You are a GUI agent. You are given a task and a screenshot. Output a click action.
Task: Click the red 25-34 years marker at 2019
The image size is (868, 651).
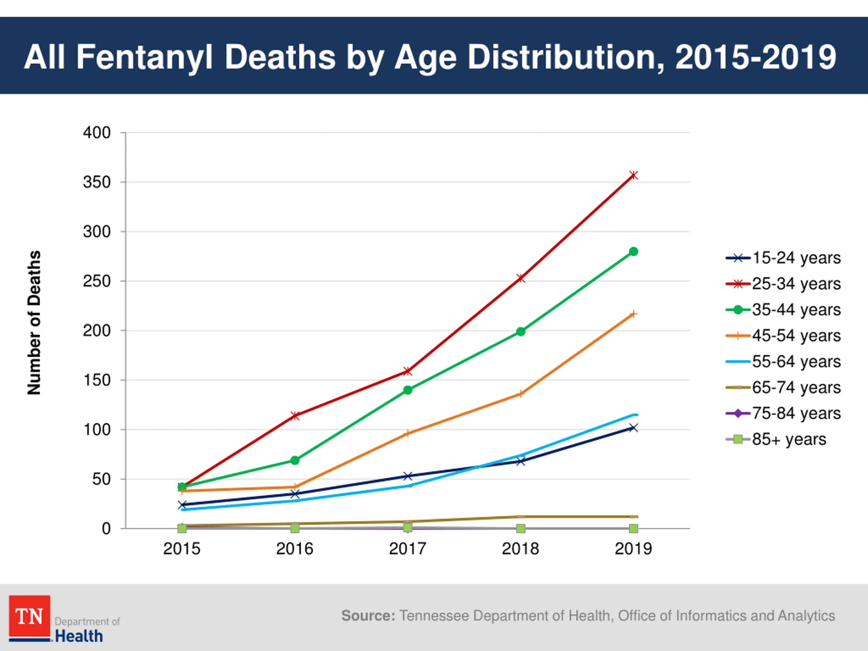633,175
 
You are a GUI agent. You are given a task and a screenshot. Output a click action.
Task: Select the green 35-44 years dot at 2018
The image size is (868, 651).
521,332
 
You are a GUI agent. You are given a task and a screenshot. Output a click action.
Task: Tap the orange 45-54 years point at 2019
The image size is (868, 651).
633,314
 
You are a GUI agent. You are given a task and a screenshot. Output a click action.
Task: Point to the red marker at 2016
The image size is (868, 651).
295,416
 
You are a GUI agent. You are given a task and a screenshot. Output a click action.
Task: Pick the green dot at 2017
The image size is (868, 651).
408,390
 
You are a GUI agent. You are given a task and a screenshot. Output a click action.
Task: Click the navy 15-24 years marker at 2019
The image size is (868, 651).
633,428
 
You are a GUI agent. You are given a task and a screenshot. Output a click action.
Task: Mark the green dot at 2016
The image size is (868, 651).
295,460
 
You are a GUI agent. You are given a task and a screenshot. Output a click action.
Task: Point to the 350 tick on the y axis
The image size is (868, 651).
97,182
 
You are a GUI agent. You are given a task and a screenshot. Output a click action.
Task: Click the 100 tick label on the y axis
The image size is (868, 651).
97,430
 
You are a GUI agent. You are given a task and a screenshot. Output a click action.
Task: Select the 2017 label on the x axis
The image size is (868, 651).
408,549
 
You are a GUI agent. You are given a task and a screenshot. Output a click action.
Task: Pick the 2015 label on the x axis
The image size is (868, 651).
182,549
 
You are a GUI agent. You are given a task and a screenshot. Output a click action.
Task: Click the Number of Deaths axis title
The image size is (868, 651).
34,322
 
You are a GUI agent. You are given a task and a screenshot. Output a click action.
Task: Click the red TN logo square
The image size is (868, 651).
29,616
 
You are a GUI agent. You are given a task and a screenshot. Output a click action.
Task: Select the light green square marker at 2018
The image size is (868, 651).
521,529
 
